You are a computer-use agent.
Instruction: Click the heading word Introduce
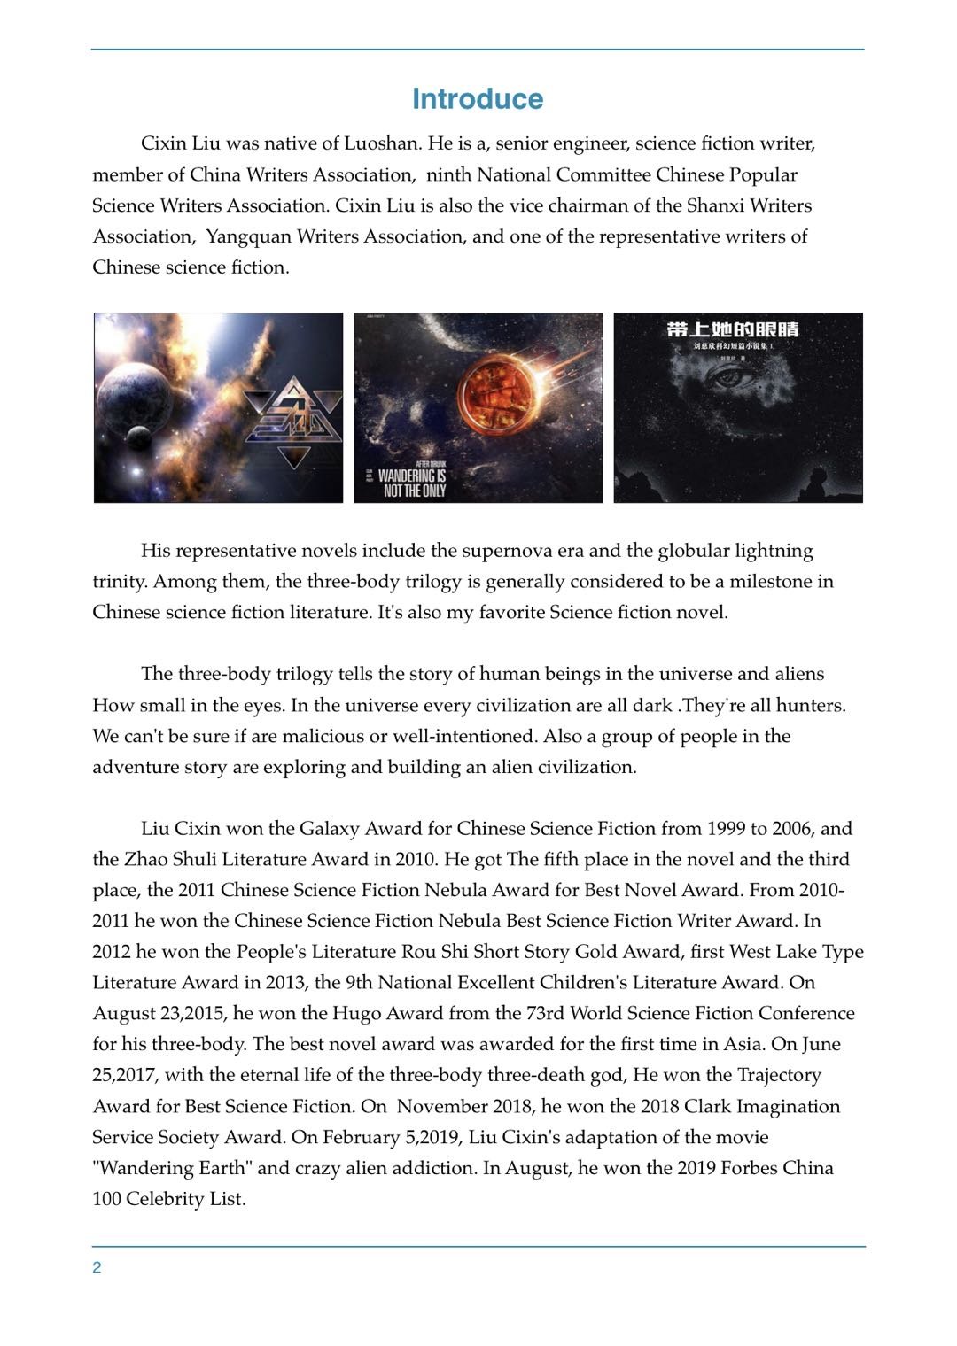[478, 99]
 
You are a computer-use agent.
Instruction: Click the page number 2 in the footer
[97, 1268]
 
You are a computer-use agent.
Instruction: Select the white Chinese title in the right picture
[733, 329]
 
